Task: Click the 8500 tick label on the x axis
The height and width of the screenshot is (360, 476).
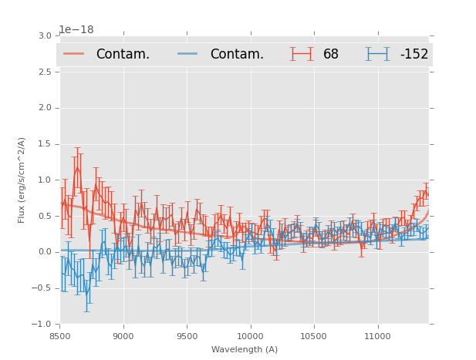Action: (x=59, y=335)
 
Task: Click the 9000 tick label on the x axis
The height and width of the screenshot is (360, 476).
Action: (x=123, y=335)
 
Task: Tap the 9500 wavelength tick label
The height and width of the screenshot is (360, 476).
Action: (x=187, y=335)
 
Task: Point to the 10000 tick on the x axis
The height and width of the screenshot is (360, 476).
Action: (x=250, y=335)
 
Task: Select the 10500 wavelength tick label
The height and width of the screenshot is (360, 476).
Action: (x=313, y=335)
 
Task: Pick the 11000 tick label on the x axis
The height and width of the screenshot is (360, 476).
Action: (x=377, y=335)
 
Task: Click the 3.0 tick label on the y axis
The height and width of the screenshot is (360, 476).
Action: (x=45, y=36)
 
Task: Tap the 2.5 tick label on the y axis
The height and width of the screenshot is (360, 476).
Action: (x=45, y=72)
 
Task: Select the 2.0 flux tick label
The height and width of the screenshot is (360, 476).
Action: (x=45, y=108)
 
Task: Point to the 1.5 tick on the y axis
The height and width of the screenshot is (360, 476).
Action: (x=45, y=144)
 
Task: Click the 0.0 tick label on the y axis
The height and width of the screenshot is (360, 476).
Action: (x=45, y=252)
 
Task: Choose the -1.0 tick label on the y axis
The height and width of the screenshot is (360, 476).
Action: (x=42, y=325)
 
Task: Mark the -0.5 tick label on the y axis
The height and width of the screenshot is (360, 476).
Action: (x=42, y=288)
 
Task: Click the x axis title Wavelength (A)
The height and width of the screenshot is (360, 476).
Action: (x=245, y=350)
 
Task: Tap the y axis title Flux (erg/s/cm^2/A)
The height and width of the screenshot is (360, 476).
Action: (x=22, y=180)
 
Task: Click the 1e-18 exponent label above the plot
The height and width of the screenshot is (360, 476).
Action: (x=76, y=30)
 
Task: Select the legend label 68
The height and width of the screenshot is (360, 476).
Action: (x=331, y=54)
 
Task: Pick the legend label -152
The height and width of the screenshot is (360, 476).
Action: (x=414, y=54)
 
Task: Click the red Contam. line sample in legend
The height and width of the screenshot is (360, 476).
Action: (x=74, y=54)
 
